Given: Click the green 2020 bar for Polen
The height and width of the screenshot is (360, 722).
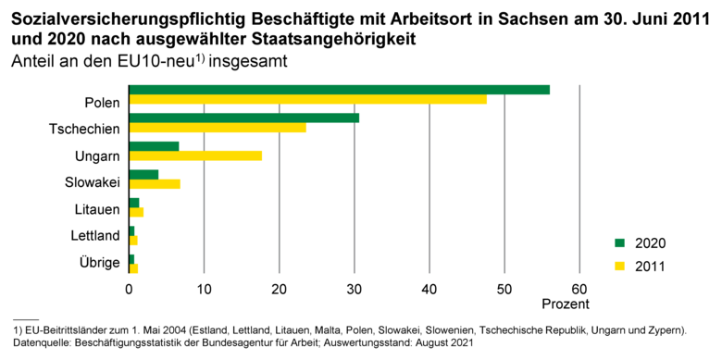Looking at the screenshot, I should pos(339,90).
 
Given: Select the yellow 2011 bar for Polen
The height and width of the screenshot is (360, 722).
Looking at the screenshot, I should pos(307,99).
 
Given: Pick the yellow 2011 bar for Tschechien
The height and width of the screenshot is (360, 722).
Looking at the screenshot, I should pos(218,128).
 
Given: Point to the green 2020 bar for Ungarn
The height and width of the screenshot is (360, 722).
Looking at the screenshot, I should pos(154,146).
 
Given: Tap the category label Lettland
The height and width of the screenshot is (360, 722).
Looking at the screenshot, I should pos(95,236).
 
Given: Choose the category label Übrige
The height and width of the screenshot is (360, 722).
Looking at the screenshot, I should pos(99,264).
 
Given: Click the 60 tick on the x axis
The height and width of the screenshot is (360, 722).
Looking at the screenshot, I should pos(579,289).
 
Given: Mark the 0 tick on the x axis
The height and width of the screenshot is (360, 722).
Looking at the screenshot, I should pos(130,289).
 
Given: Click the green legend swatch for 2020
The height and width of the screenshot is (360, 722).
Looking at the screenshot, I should pos(619,243).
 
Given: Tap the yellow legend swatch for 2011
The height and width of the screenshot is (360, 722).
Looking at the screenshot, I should pos(619,267).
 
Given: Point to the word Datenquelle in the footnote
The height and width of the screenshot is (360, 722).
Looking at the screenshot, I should pos(41,343).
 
